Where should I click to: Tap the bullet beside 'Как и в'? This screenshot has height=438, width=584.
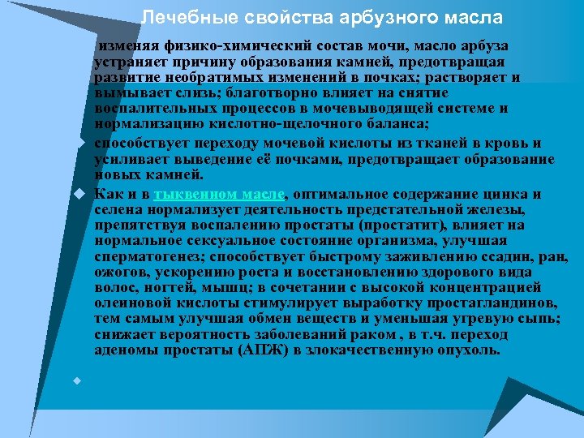79,195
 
